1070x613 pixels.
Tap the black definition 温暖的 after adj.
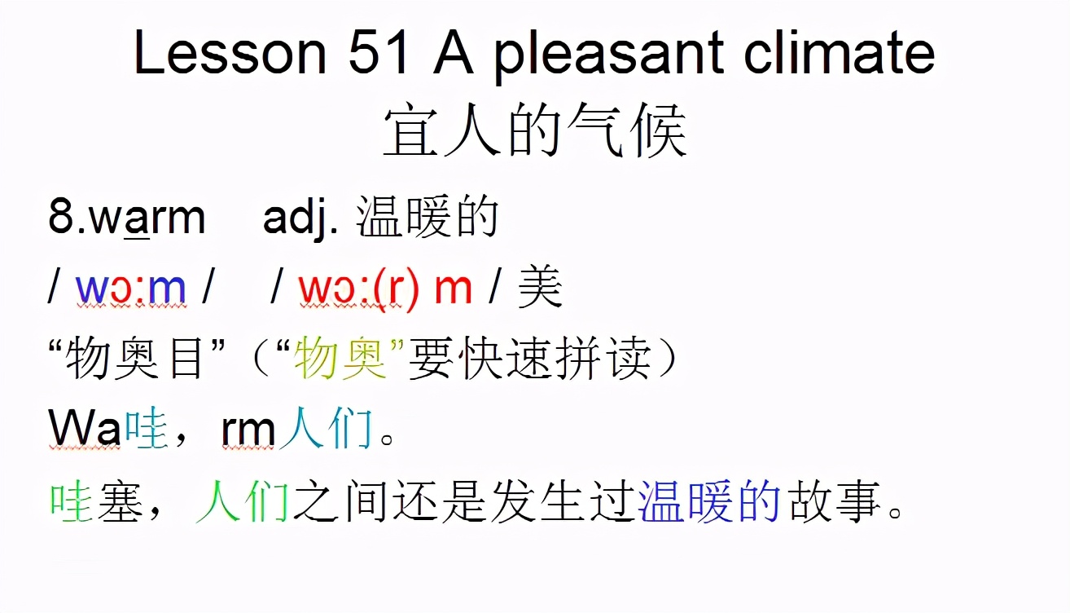[428, 218]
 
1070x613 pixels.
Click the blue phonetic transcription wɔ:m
[131, 289]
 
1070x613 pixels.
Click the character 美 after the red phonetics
[540, 289]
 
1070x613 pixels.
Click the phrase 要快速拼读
[529, 359]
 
